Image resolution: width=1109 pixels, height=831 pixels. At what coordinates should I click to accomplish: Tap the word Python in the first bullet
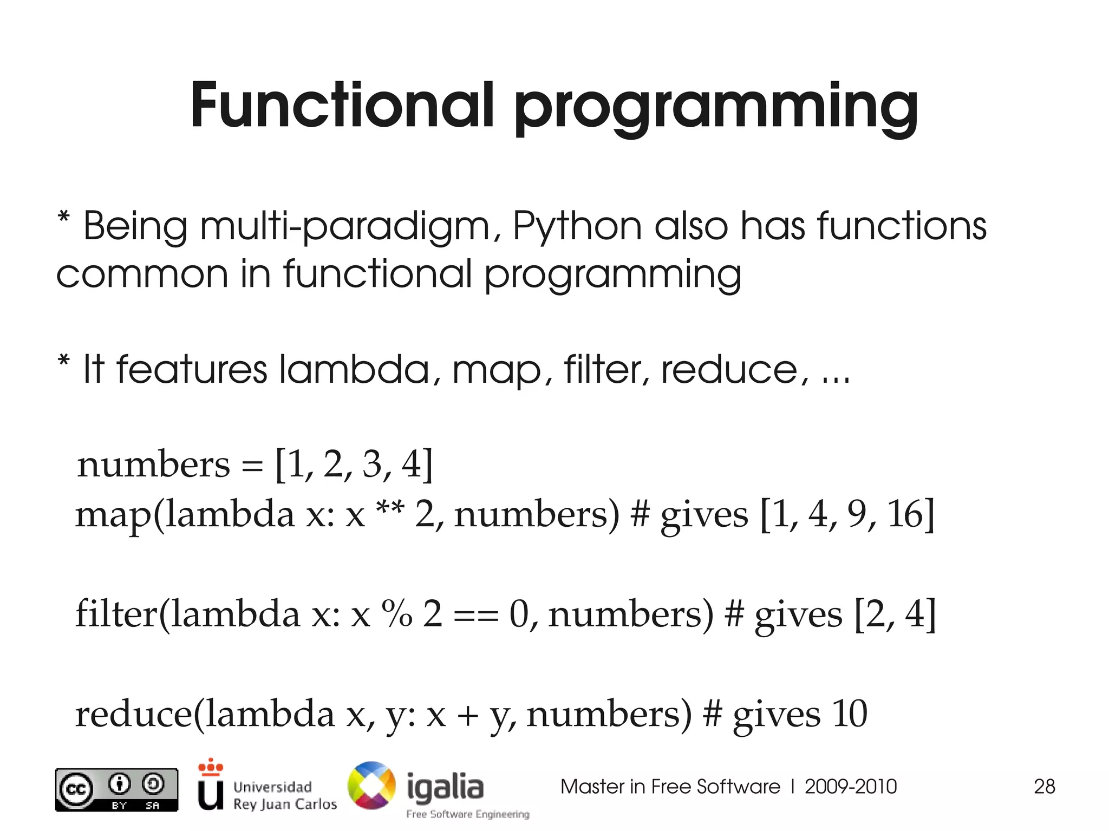(577, 226)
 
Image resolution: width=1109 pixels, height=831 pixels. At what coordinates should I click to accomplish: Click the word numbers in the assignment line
(153, 464)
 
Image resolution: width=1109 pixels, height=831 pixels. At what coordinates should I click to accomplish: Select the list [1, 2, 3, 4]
(354, 464)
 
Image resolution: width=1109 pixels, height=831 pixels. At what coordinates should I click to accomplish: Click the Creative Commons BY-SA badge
(116, 789)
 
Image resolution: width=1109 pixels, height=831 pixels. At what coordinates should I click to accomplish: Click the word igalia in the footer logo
(445, 787)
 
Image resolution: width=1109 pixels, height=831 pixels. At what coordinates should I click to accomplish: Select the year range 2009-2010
(850, 786)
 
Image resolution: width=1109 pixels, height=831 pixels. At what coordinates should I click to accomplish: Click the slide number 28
(1044, 786)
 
